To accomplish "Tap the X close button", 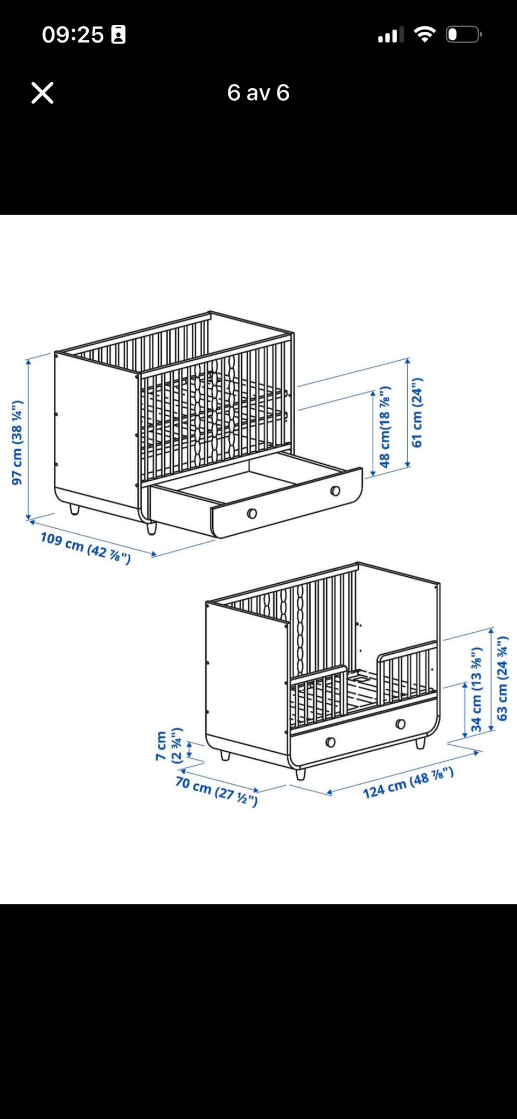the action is (x=43, y=93).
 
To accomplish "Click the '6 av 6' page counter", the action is (x=258, y=93).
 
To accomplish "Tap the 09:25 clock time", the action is (x=73, y=34).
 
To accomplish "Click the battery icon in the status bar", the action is (x=464, y=34).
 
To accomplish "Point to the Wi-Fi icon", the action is (x=425, y=34).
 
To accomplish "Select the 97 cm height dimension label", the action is (x=17, y=442).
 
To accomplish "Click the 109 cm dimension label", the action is (x=86, y=548).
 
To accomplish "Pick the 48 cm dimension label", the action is (x=385, y=426).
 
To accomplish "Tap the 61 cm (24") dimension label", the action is (x=417, y=412).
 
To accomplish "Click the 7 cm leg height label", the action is (x=168, y=746).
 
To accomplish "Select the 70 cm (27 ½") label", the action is (x=216, y=791).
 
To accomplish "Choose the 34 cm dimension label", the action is (x=476, y=689).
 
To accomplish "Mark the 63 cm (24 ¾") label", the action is (x=502, y=678).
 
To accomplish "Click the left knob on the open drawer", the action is (x=251, y=513).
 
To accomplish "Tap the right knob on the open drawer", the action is (x=335, y=491).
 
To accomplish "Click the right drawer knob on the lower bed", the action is (x=400, y=724).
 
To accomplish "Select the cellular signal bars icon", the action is (x=391, y=35).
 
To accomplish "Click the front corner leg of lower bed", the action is (x=301, y=774).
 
